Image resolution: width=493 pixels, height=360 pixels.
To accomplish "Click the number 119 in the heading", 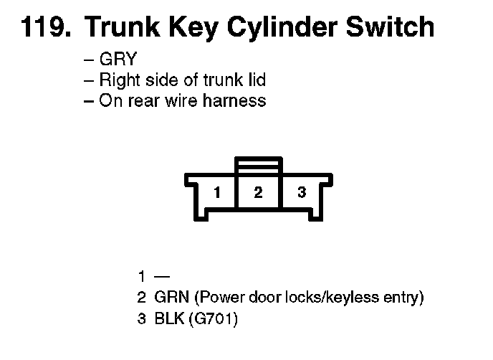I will click(44, 28).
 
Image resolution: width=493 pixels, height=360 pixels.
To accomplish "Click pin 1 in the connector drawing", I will click(216, 192).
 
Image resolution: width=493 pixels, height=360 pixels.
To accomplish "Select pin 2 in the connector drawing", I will click(258, 192).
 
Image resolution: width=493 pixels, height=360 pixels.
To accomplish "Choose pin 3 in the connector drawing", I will click(302, 192).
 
